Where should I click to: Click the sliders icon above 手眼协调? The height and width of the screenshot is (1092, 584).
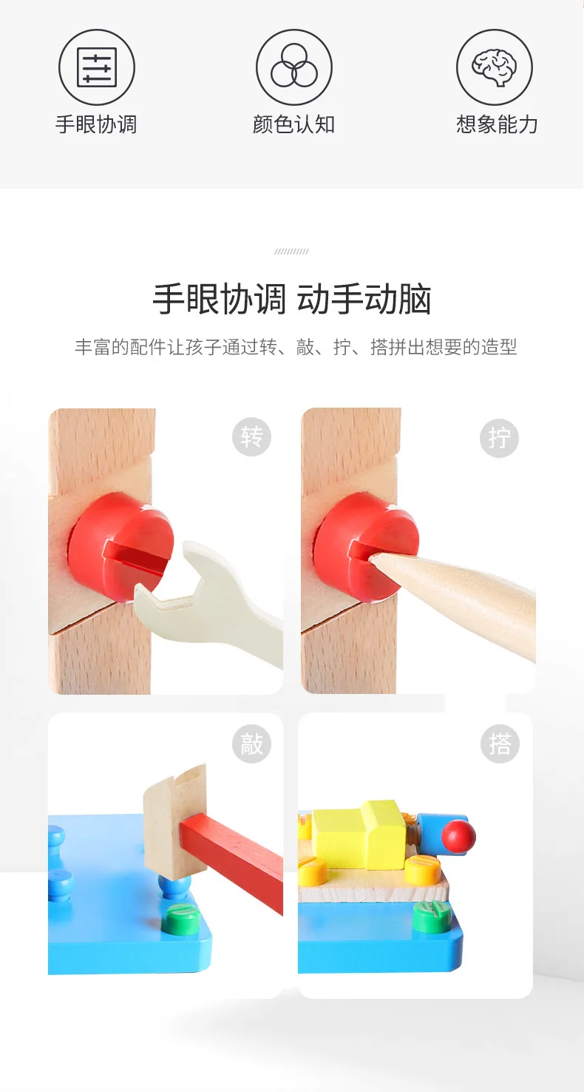pyautogui.click(x=97, y=67)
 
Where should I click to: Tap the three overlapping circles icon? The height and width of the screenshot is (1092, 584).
pyautogui.click(x=293, y=67)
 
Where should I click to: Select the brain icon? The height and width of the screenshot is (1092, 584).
pyautogui.click(x=494, y=67)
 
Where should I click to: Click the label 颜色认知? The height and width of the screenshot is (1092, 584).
pyautogui.click(x=293, y=124)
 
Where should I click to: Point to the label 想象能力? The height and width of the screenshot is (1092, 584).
pyautogui.click(x=496, y=124)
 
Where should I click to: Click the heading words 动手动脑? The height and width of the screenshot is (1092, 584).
pyautogui.click(x=364, y=300)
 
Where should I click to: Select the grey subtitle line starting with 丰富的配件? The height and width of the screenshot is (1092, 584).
pyautogui.click(x=295, y=347)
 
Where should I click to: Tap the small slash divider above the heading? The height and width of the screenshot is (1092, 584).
pyautogui.click(x=291, y=252)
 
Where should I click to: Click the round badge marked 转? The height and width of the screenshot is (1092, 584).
pyautogui.click(x=251, y=437)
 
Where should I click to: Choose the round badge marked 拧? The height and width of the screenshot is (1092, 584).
pyautogui.click(x=499, y=438)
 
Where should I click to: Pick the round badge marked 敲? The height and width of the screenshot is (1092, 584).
pyautogui.click(x=251, y=744)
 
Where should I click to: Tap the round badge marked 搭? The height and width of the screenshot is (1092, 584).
pyautogui.click(x=499, y=744)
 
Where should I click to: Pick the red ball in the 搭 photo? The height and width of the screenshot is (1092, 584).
pyautogui.click(x=458, y=836)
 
